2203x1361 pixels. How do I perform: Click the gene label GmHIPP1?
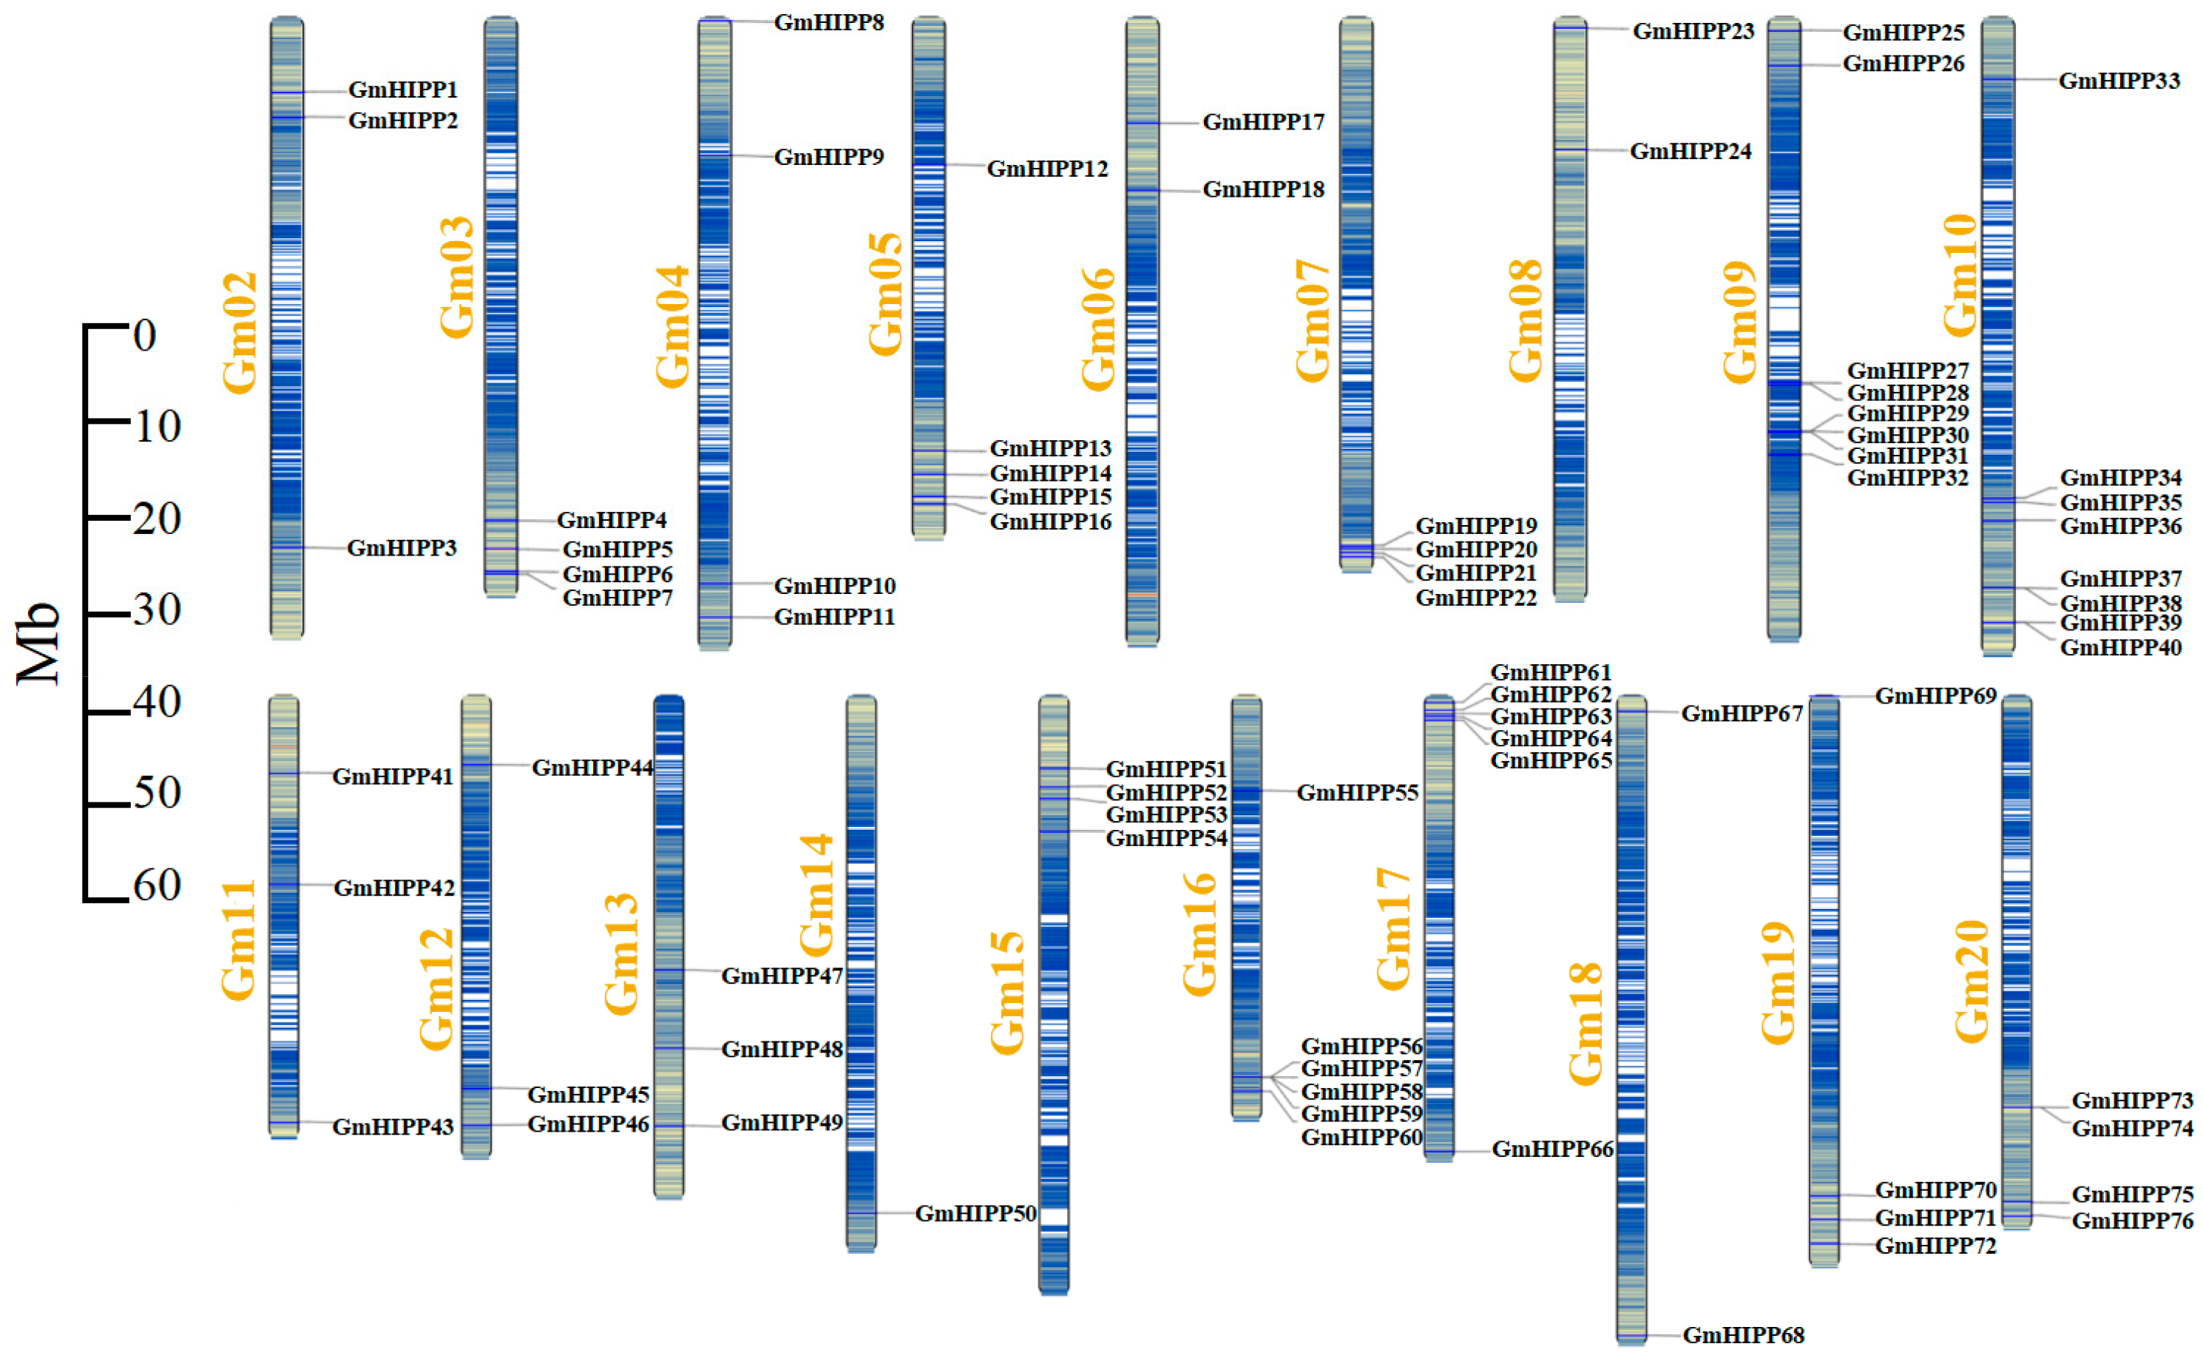click(x=402, y=90)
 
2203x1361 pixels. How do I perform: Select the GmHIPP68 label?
click(x=1743, y=1335)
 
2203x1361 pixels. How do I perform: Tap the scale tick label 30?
click(x=158, y=610)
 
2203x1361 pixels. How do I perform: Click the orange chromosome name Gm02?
click(x=240, y=333)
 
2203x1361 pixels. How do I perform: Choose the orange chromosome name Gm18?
click(x=1586, y=1024)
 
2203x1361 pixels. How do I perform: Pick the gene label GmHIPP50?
click(x=975, y=1213)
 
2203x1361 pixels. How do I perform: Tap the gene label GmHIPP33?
click(x=2119, y=81)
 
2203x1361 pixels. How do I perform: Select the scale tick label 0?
click(x=145, y=336)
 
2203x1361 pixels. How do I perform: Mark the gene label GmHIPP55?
click(x=1357, y=793)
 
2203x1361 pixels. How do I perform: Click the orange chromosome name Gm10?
click(x=1960, y=274)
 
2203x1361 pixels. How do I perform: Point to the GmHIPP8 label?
click(x=829, y=22)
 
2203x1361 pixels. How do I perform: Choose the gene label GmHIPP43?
click(x=393, y=1127)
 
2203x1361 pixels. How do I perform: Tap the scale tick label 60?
click(x=158, y=885)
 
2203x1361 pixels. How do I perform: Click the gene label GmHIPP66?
click(x=1552, y=1149)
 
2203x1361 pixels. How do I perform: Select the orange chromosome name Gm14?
click(x=817, y=895)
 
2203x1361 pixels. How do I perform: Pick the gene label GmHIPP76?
click(x=2132, y=1221)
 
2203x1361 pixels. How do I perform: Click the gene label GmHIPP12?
click(x=1047, y=169)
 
